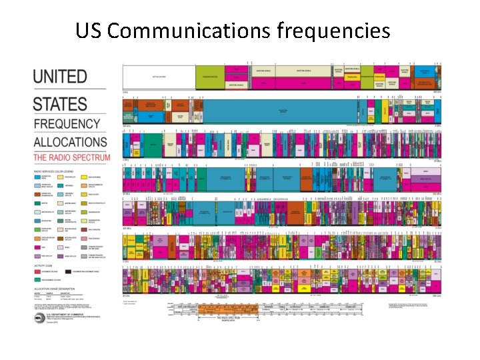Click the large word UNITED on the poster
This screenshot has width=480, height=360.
coord(60,77)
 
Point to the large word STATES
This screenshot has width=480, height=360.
coord(60,104)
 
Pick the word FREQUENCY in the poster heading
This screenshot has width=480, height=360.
coord(66,124)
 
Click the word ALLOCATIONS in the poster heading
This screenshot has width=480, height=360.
coord(70,141)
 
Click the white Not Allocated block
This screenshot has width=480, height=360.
coord(159,77)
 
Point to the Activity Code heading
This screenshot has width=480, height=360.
coord(44,265)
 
